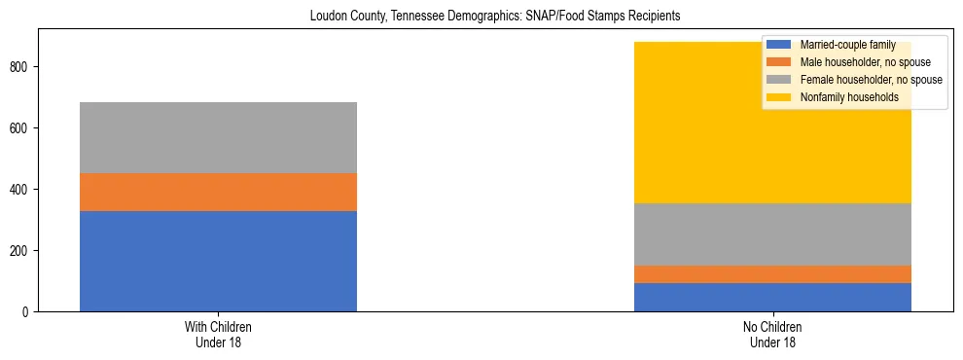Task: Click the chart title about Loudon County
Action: tap(493, 17)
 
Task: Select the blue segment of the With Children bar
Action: tap(218, 261)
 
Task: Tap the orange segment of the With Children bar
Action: tap(218, 192)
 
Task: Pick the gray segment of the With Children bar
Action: tap(218, 137)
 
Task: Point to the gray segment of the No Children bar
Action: tap(772, 234)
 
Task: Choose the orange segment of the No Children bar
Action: tap(772, 274)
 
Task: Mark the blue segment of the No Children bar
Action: tap(772, 297)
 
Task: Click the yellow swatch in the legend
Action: tap(779, 97)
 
